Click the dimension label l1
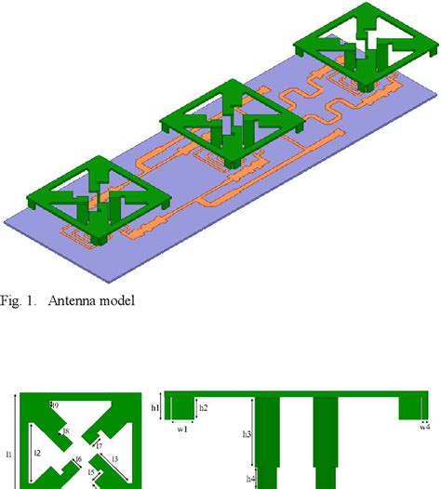pos(8,454)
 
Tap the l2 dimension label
pos(37,453)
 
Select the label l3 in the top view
pos(114,459)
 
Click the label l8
pos(66,430)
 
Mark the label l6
pos(79,460)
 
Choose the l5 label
pos(91,473)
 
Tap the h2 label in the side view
pos(203,408)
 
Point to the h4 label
pos(249,479)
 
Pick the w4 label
pos(424,428)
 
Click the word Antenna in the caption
pos(85,300)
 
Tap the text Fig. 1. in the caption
pos(22,300)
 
